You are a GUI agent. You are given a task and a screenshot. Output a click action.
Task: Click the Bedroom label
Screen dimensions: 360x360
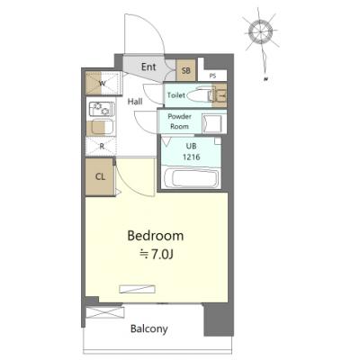coord(156,236)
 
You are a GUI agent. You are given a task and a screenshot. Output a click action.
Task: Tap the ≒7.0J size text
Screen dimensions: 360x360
coord(157,255)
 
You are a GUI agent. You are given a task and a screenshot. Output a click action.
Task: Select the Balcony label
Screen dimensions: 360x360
coord(149,329)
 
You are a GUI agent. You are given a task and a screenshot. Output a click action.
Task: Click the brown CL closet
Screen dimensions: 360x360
coord(100,176)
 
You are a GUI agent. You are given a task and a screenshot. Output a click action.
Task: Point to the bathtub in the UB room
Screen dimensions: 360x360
coord(191,177)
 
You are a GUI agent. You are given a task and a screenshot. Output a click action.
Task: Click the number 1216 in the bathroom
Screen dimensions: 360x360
coord(192,157)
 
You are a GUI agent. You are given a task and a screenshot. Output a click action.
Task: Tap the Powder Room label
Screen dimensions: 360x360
coord(179,121)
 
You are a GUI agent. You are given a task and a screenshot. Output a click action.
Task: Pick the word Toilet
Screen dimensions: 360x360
coord(176,95)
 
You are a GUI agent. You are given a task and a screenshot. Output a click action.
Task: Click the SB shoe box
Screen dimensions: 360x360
coord(186,70)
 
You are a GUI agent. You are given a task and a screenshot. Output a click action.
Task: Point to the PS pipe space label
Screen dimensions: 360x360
coord(212,76)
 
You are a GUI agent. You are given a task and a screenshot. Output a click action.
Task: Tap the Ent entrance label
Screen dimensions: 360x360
coord(148,67)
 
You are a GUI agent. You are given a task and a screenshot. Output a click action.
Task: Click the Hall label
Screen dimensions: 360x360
coord(135,102)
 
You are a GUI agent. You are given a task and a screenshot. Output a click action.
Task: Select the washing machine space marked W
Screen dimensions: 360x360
coord(103,84)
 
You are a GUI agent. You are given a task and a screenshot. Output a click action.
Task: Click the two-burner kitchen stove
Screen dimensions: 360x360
coord(102,109)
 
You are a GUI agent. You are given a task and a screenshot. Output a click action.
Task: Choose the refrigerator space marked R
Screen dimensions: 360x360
coord(102,147)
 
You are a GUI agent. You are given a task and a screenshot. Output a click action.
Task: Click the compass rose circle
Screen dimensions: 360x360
coord(260,31)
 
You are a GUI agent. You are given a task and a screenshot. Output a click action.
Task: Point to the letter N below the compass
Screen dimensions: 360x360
coord(265,79)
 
